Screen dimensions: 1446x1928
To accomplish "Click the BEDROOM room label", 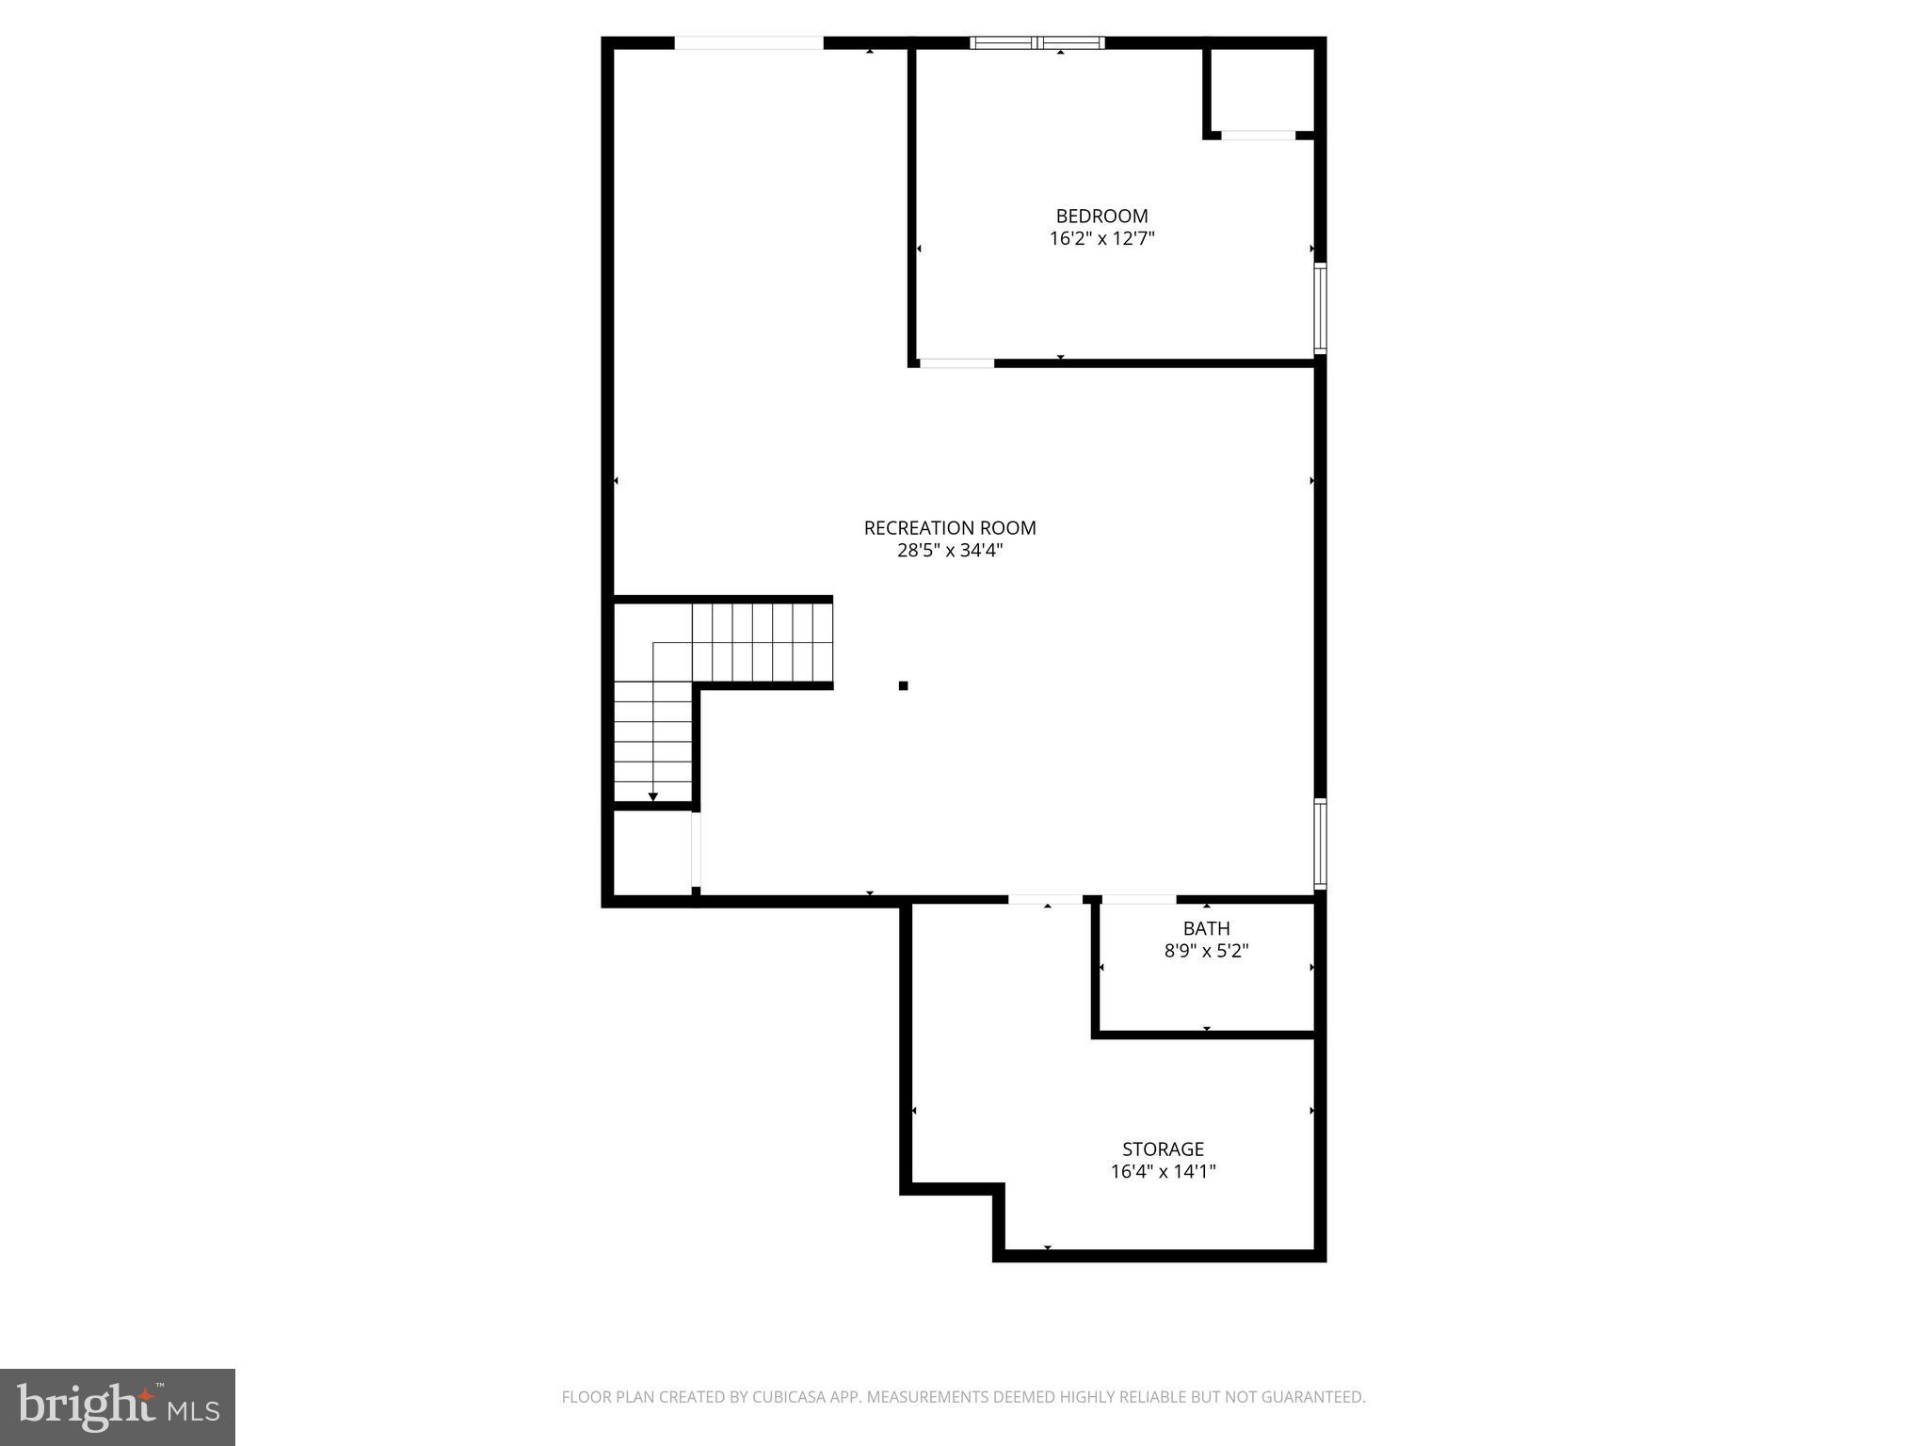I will click(x=1101, y=217).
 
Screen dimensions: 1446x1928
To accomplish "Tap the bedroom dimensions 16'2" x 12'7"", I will click(x=1101, y=239).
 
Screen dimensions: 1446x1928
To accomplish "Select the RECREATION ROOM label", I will click(x=950, y=528).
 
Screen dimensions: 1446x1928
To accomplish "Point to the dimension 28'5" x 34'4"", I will click(x=950, y=551).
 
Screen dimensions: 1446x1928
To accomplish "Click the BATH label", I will click(x=1206, y=929).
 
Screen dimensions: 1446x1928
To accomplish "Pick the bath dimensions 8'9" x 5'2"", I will click(x=1206, y=951).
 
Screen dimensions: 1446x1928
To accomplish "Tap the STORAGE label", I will click(x=1163, y=1149).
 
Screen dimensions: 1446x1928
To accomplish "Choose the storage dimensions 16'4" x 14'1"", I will click(x=1163, y=1172).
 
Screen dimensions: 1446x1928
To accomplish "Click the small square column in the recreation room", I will click(x=903, y=685).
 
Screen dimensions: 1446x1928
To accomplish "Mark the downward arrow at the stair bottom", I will click(x=652, y=796).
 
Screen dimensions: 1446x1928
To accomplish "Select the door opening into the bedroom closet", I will click(x=1258, y=136).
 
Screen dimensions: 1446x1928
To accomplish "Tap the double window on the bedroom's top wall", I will click(x=1037, y=42).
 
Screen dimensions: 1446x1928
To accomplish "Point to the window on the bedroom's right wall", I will click(x=1320, y=308).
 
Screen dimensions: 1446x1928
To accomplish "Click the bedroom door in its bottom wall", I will click(x=956, y=363).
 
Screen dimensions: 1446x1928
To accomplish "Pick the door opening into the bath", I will click(x=1138, y=900).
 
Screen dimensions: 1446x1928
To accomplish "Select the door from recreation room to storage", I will click(x=1045, y=900).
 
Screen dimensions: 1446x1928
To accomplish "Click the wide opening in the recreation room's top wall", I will click(x=749, y=42).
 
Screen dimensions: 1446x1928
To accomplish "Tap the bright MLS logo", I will click(x=118, y=1406).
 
